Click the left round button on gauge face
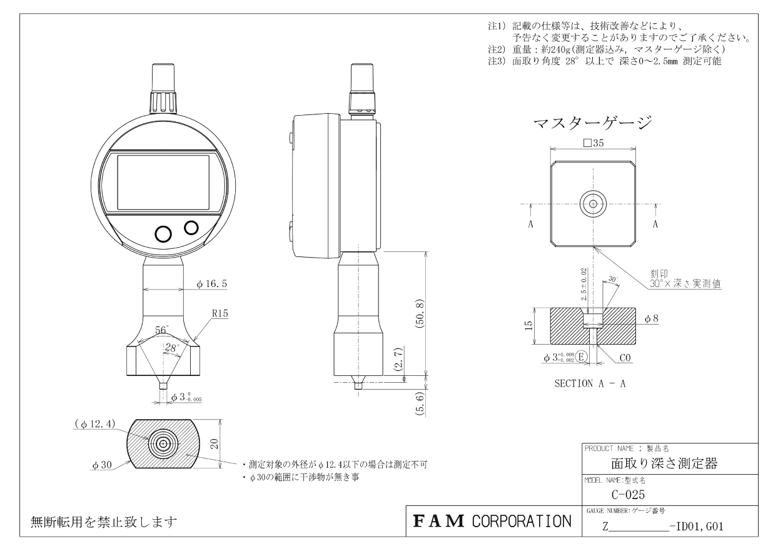click(163, 233)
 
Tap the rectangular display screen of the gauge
click(163, 183)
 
